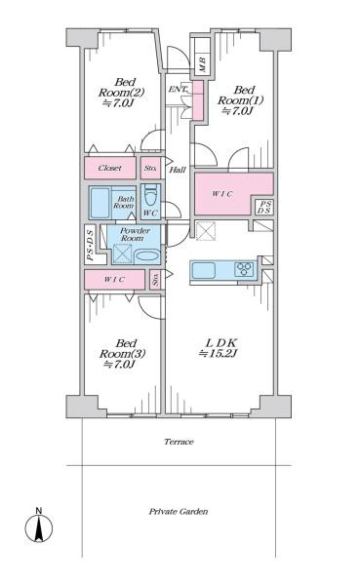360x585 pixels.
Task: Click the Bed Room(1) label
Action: point(241,100)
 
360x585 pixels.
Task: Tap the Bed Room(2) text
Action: point(121,93)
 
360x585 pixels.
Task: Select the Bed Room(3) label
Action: point(122,354)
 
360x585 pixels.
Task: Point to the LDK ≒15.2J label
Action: point(220,348)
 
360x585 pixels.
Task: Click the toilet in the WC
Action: point(151,195)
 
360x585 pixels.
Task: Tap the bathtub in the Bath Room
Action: point(100,204)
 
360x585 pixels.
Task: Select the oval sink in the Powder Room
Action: point(147,255)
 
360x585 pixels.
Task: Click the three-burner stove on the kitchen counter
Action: point(244,269)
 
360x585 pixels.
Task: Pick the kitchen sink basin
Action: point(204,270)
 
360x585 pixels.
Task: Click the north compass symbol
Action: point(39,525)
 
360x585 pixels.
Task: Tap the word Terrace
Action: point(179,442)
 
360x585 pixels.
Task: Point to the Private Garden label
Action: point(179,512)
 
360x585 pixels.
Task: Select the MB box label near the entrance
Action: point(202,64)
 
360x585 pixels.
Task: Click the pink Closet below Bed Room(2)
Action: point(110,168)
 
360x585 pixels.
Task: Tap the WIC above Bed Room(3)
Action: point(114,280)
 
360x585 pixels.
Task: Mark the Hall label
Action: point(178,170)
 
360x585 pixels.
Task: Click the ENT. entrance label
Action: point(180,90)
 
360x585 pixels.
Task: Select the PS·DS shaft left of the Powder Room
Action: point(90,245)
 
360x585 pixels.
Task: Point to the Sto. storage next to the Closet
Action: point(150,168)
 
